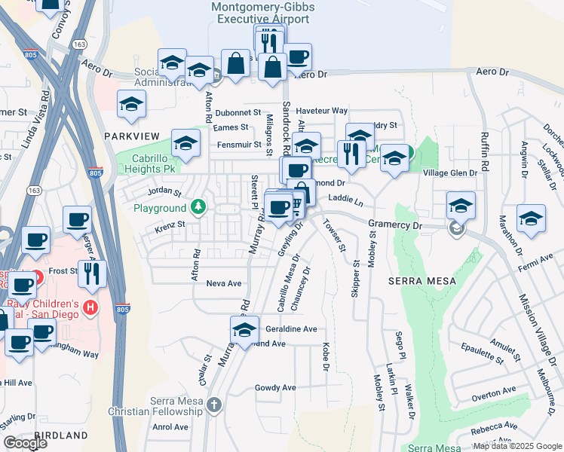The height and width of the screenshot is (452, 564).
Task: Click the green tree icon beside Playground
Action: tap(198, 207)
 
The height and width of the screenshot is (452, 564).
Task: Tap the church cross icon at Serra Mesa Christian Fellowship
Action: tap(214, 405)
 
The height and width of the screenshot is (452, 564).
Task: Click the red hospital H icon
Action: tap(91, 307)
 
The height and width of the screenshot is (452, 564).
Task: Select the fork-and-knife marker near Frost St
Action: tap(92, 273)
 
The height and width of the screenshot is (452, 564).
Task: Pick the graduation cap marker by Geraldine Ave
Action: tap(244, 329)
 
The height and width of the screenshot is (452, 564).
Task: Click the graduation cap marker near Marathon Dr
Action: tap(531, 218)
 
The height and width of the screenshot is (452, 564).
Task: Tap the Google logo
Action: tap(25, 443)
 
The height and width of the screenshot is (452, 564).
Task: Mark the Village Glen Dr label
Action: tap(450, 173)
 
